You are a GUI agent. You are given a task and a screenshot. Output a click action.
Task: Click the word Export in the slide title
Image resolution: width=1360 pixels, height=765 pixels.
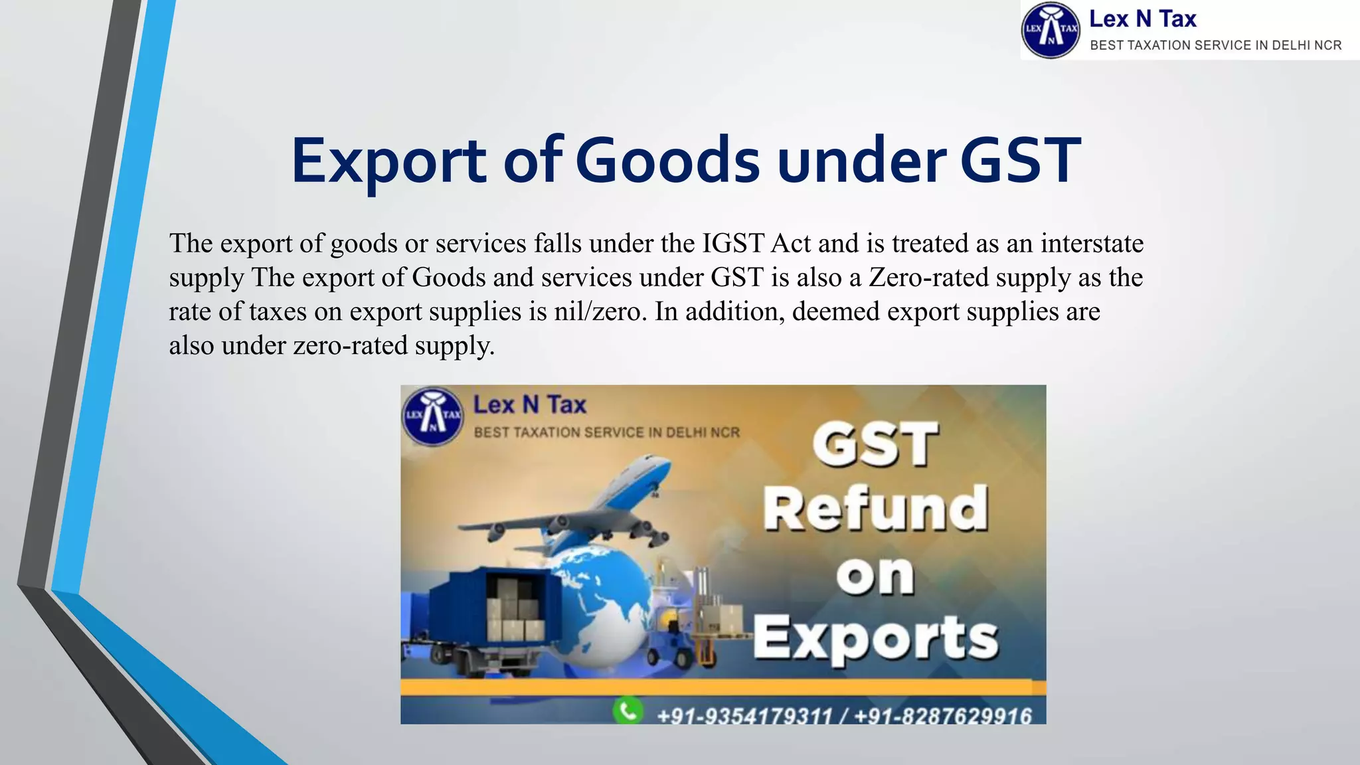click(389, 161)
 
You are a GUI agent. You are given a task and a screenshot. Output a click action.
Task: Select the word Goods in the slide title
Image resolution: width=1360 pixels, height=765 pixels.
click(667, 161)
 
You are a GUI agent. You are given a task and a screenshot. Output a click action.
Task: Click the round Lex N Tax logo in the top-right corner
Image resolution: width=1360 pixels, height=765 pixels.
click(1051, 31)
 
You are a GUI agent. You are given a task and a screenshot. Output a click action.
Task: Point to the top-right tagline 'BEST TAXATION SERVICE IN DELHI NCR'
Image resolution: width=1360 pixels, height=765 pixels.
click(1215, 45)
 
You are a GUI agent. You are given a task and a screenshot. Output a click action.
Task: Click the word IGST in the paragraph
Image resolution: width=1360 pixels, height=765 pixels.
click(733, 244)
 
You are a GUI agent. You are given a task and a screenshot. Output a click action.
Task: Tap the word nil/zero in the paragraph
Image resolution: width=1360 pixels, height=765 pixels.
click(600, 311)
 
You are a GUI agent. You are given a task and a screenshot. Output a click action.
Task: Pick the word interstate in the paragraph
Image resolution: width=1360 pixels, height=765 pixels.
click(1092, 244)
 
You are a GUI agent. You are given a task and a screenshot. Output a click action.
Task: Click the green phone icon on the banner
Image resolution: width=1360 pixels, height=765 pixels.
click(628, 710)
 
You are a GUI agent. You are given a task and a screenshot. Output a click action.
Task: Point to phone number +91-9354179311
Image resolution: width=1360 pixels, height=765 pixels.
click(744, 716)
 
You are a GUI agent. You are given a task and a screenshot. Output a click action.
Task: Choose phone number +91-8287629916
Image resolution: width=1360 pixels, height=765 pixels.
click(943, 716)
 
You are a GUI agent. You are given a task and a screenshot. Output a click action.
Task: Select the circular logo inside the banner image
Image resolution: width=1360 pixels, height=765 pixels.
click(433, 416)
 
